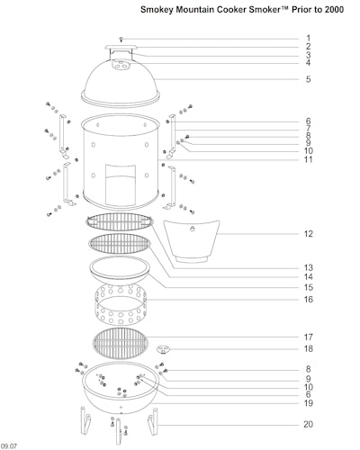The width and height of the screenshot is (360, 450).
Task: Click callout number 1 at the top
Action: [x=308, y=38]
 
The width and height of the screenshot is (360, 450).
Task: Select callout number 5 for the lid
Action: [x=309, y=79]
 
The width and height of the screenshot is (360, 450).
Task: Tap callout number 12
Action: [x=309, y=234]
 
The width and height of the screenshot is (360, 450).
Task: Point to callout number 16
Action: [x=309, y=299]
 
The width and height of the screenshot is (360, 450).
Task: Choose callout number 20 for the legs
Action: [x=309, y=424]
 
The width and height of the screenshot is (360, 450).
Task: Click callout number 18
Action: [x=309, y=348]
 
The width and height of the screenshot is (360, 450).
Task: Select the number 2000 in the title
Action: [x=333, y=10]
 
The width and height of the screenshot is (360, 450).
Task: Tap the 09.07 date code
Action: [x=9, y=446]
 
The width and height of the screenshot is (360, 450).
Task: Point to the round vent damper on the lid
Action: [x=121, y=64]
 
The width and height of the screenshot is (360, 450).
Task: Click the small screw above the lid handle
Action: [x=121, y=39]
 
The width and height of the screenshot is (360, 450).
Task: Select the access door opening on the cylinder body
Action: [x=121, y=184]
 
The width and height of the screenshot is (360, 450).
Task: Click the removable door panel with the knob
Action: [x=192, y=241]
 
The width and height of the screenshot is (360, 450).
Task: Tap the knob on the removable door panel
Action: [x=192, y=229]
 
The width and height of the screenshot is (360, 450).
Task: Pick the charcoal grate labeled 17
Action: [x=121, y=343]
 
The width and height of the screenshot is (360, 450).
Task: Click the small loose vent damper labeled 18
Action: [x=164, y=349]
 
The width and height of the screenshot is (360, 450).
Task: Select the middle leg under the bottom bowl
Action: [x=119, y=432]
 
